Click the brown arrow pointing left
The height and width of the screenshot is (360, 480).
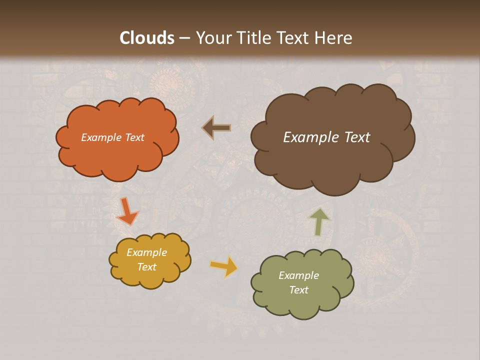point(216,128)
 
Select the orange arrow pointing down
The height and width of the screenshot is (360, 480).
point(127,210)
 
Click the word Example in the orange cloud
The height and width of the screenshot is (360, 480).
point(101,137)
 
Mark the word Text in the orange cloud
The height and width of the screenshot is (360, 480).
point(133,137)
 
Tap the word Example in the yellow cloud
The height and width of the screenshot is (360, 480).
point(146,252)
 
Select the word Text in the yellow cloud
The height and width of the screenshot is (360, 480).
point(146,267)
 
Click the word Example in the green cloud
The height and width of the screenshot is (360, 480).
point(298,275)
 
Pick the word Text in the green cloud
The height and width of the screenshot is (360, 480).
point(298,290)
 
